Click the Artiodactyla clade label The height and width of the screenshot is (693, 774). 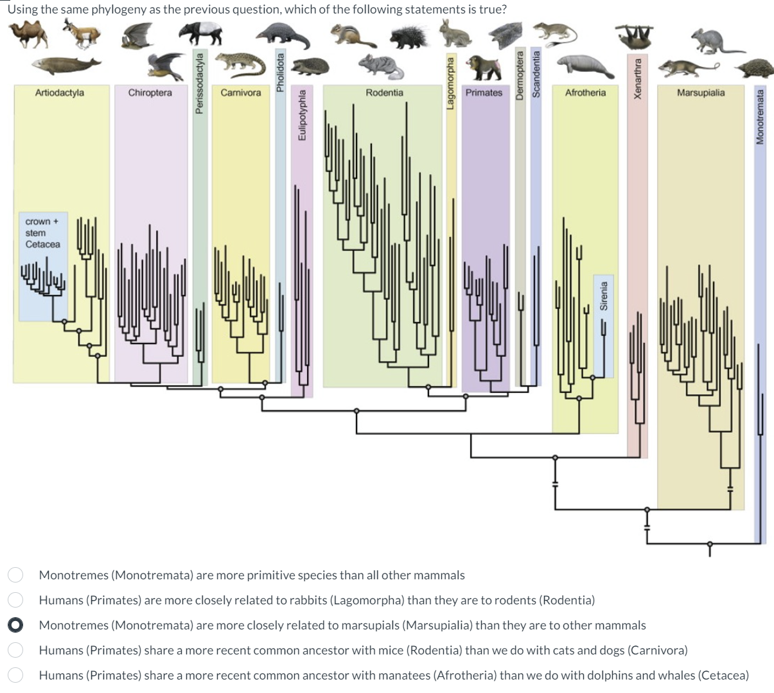59,92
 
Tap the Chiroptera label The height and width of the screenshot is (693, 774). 150,92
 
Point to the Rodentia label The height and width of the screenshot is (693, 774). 384,92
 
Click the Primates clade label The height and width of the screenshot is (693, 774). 484,92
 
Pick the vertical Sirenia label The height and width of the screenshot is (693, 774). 603,295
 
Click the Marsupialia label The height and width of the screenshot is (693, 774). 700,92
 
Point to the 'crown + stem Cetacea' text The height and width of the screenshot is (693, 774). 42,233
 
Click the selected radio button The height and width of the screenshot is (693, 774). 16,625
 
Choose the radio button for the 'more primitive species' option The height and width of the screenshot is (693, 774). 16,575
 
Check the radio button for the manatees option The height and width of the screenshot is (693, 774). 16,675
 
